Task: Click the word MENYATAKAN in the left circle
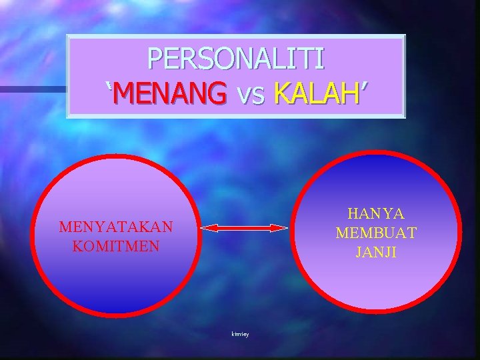pos(115,227)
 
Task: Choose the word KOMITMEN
pos(115,245)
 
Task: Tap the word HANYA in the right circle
pos(376,214)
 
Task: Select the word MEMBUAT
pos(376,233)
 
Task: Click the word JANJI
pos(376,252)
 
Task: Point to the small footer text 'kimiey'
pos(241,333)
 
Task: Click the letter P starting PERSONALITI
pos(155,59)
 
